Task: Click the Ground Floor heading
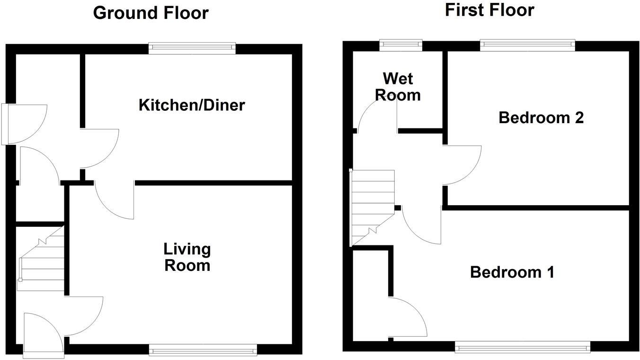point(151,13)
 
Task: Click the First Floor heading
point(489,10)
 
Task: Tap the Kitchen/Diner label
point(192,105)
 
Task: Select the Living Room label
point(187,257)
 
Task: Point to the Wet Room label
point(398,86)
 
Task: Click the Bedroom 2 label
point(541,117)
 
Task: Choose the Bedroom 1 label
point(512,272)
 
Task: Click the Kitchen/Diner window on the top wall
point(192,48)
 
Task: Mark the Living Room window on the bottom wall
point(203,351)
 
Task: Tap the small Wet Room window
point(400,45)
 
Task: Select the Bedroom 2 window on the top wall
point(527,45)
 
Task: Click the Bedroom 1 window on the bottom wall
point(523,348)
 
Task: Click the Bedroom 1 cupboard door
point(407,316)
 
